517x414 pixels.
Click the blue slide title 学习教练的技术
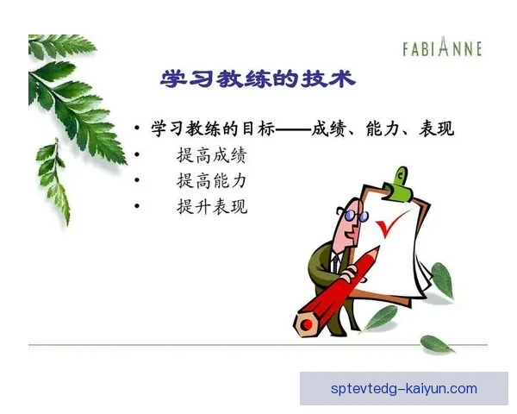(258, 78)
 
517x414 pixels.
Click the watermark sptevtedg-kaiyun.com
(403, 389)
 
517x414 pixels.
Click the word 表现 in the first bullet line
(436, 129)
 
